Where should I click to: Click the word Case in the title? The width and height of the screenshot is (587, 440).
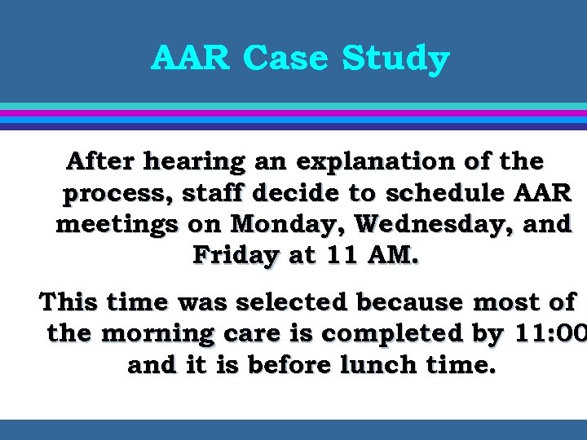289,59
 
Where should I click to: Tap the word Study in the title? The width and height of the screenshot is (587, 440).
395,59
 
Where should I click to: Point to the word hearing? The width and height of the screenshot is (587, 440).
193,162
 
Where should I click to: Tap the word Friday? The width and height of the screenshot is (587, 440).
235,256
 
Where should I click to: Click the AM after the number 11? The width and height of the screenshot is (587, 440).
391,255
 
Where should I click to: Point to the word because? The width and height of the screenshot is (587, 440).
415,302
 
